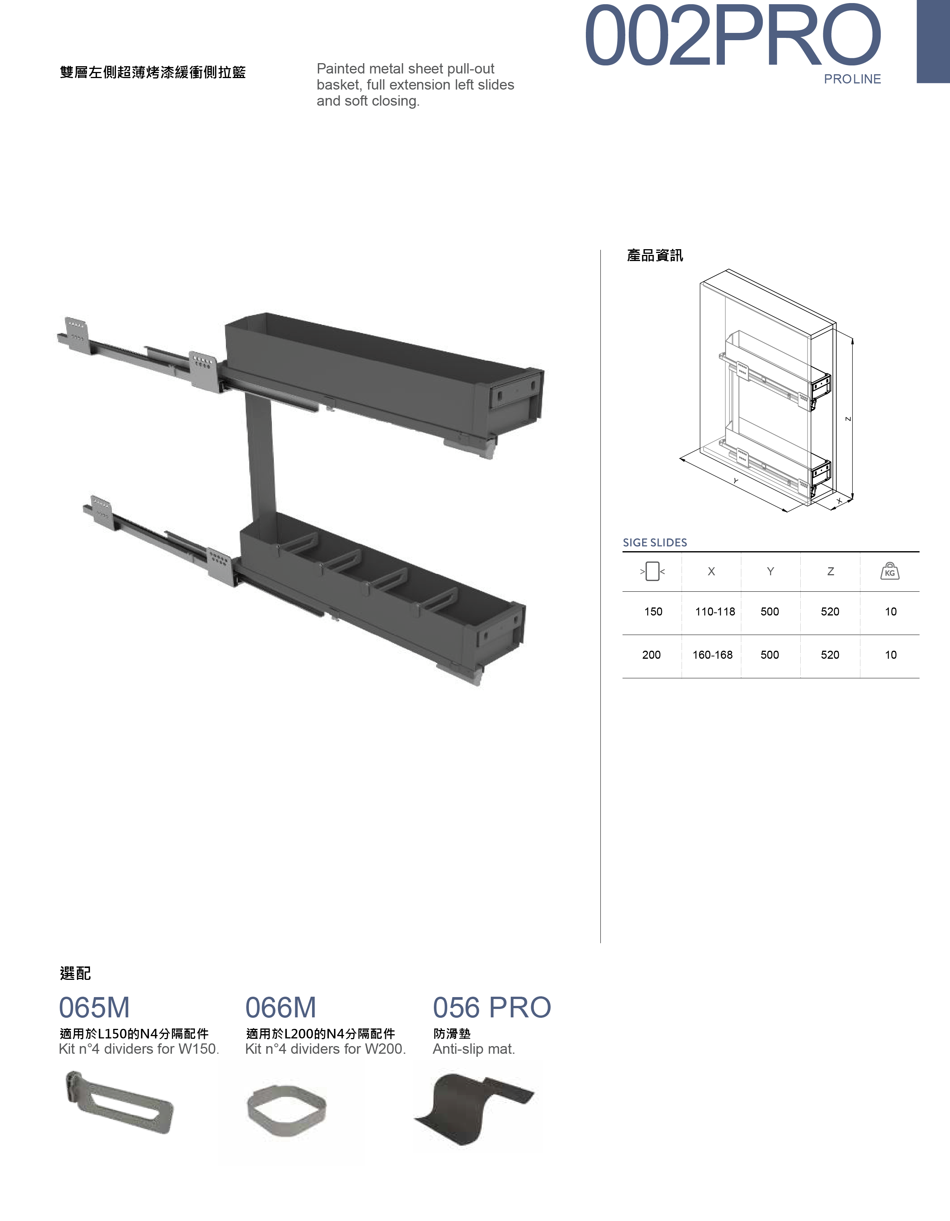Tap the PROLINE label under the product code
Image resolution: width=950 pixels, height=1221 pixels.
852,79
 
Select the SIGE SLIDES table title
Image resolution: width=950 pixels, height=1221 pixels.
655,542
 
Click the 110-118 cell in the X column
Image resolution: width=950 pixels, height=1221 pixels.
715,612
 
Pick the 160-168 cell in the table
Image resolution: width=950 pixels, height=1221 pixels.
712,655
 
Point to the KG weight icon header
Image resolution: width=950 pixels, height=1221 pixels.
890,571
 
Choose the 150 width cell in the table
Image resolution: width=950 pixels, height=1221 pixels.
653,612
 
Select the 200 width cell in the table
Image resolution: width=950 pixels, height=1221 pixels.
651,655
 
